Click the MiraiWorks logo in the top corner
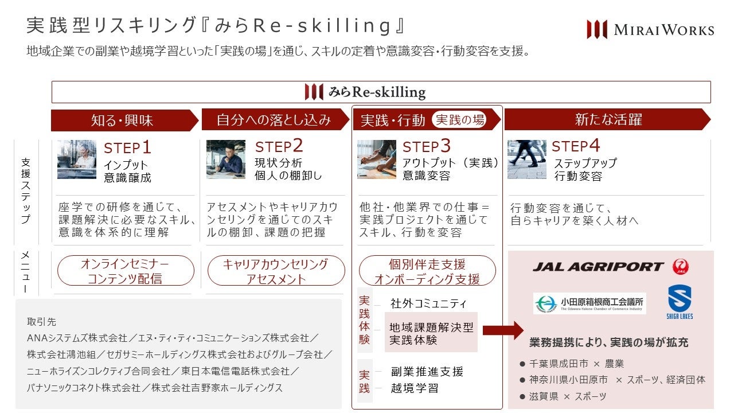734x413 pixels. [650, 29]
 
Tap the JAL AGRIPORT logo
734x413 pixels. [610, 267]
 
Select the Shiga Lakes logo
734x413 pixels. [680, 302]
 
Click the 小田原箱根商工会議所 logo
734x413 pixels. [589, 303]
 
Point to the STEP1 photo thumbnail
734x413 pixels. [77, 159]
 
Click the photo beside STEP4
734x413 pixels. [526, 159]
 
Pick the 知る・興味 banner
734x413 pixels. [122, 120]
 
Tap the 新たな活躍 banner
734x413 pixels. [608, 120]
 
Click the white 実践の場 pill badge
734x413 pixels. [459, 119]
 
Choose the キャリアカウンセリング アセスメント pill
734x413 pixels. [276, 271]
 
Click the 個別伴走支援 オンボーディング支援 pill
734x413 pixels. [427, 271]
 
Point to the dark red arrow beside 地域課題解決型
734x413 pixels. [503, 330]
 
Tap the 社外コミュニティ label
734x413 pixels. [428, 303]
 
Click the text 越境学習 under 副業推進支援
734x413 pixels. [415, 388]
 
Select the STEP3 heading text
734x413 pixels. [427, 147]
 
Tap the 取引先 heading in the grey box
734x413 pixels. [41, 322]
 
